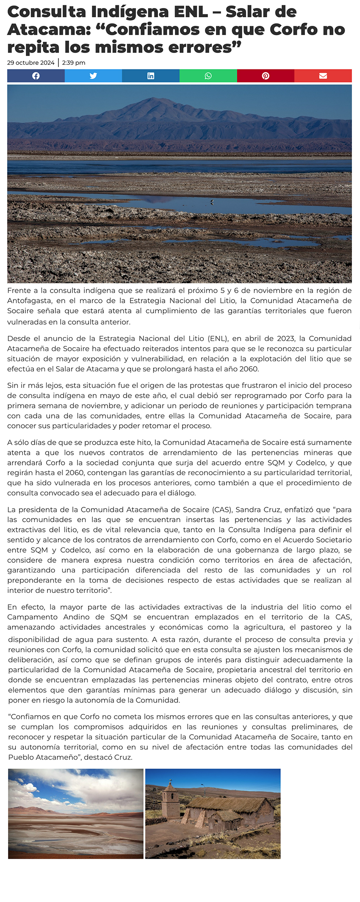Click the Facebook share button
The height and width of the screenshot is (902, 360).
36,76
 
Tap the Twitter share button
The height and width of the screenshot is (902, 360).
93,76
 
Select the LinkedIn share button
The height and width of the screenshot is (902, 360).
151,76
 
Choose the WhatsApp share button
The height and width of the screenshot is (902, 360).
208,76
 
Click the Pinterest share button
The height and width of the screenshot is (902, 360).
266,76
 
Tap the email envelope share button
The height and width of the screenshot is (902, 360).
323,76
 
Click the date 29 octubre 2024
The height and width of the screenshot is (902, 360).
31,63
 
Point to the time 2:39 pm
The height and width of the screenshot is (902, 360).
74,63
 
